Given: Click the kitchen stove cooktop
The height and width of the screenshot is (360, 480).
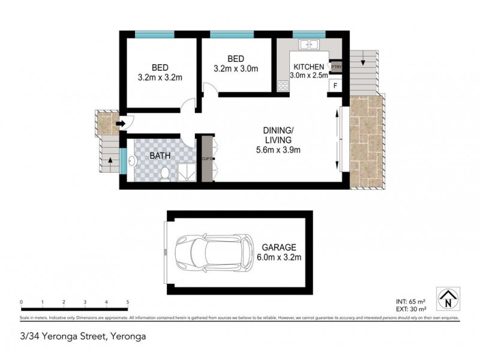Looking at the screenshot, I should (283, 85).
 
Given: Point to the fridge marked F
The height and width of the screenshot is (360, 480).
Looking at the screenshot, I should (335, 85).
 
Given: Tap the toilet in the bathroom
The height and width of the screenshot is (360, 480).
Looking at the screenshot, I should (166, 174).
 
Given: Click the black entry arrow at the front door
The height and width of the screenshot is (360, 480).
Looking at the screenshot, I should (119, 124).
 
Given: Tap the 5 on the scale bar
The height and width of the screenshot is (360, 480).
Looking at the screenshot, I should (127, 302).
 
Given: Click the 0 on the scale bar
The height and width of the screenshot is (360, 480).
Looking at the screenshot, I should (21, 302).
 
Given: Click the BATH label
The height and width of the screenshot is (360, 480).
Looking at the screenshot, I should (160, 155).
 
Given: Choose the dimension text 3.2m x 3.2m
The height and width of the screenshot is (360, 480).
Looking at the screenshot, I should (160, 77).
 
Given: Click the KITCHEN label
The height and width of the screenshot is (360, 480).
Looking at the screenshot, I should (308, 67).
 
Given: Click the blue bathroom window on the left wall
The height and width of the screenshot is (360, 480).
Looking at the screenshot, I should (122, 161).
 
